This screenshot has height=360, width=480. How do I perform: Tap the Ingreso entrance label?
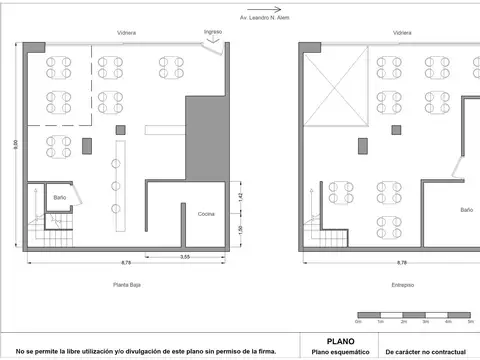(212, 32)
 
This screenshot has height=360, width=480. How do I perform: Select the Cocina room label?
(206, 214)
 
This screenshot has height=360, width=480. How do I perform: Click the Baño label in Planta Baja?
(60, 198)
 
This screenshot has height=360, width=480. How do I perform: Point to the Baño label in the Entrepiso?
(467, 210)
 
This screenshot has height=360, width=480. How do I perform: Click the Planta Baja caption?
(126, 285)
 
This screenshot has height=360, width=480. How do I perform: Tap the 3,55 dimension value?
(185, 257)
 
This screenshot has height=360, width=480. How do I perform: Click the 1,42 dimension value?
(241, 197)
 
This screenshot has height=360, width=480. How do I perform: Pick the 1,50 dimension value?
(241, 231)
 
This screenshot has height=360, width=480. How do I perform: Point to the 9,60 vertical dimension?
(15, 144)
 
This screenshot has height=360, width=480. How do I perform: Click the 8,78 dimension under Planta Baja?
(126, 263)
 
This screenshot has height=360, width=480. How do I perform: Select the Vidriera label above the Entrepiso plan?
(402, 33)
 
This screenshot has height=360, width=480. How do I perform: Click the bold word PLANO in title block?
(340, 341)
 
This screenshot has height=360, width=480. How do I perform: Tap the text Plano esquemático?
(340, 352)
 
